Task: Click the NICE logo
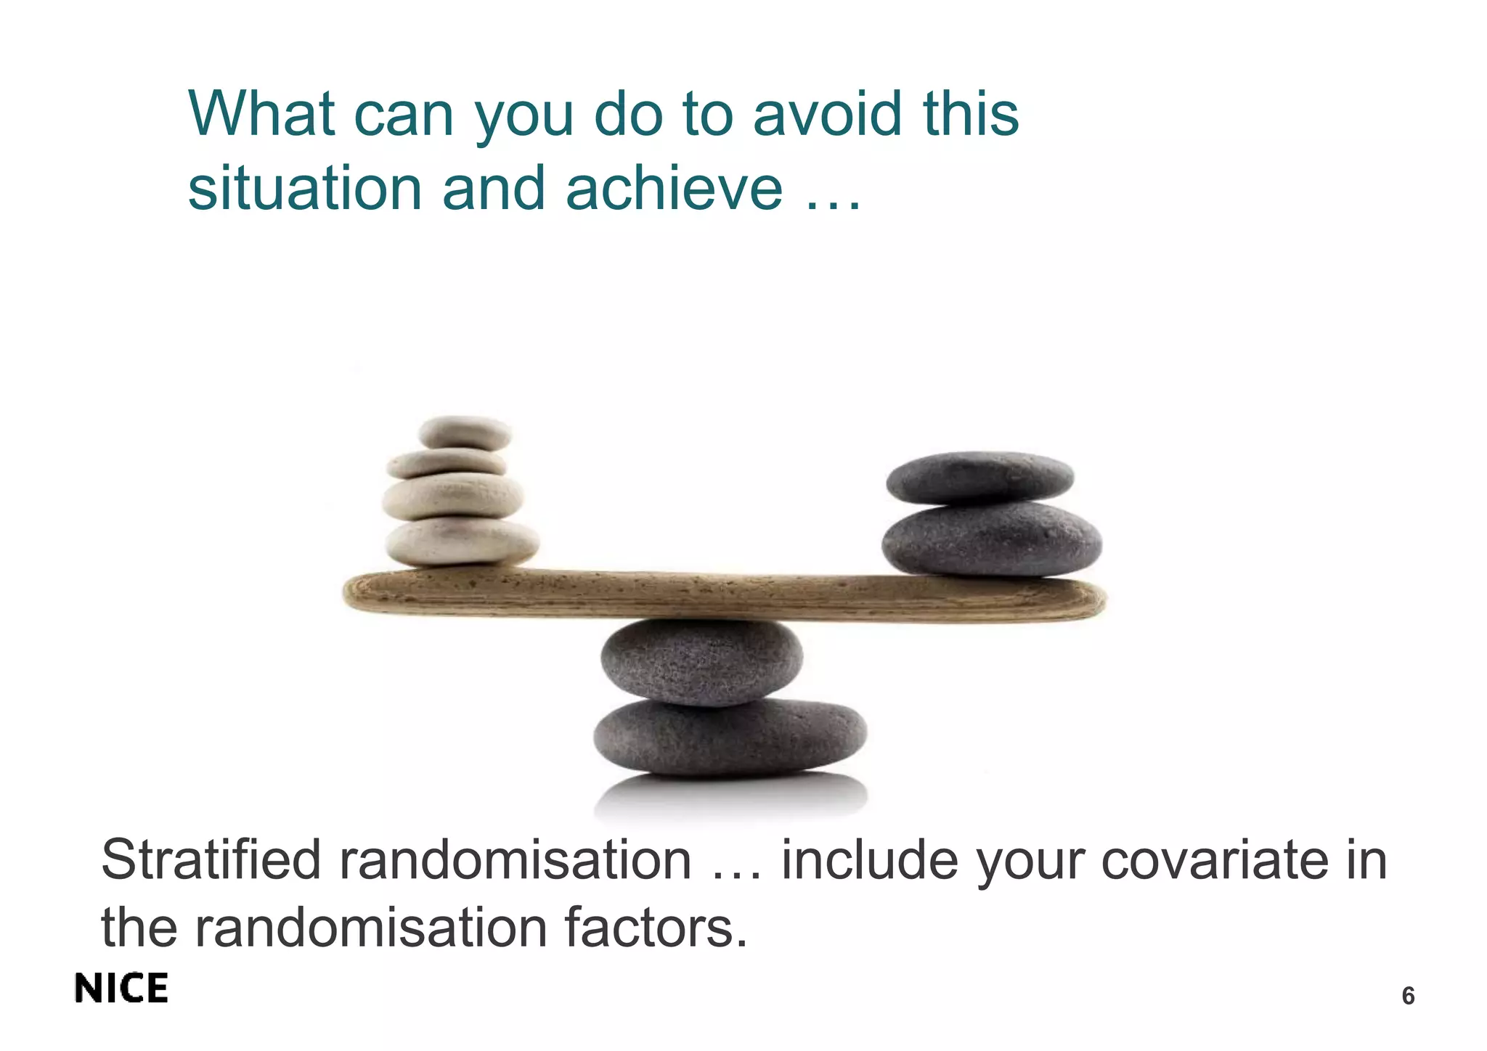[121, 989]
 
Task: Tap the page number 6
[1408, 996]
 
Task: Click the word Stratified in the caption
[211, 860]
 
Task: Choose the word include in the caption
[868, 860]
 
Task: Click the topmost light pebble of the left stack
[465, 433]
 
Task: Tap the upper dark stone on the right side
[979, 478]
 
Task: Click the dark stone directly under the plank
[701, 661]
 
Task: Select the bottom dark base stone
[730, 737]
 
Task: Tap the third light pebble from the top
[453, 496]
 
